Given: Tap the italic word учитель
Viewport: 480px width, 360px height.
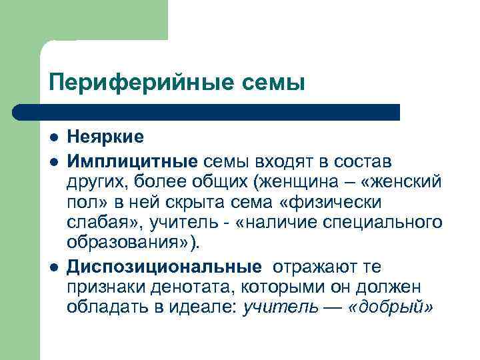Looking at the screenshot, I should click(x=280, y=307).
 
